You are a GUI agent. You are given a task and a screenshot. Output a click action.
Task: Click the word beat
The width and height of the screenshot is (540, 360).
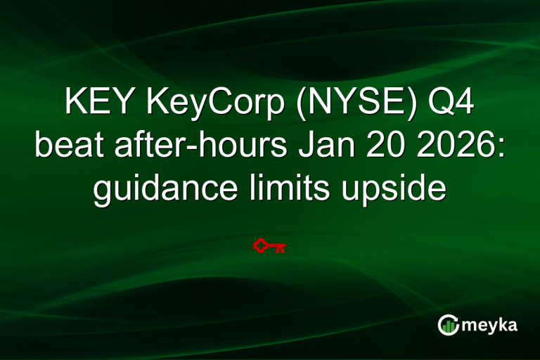[x=64, y=147]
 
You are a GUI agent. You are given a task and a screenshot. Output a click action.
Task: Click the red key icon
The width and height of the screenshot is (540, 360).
[x=269, y=245]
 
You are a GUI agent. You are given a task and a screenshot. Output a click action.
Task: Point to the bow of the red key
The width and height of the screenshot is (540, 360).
[x=261, y=245]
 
